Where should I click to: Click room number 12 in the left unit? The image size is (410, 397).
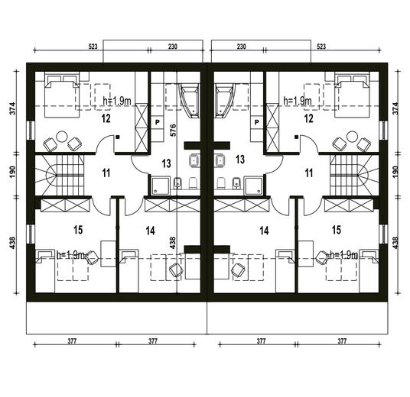point(106,118)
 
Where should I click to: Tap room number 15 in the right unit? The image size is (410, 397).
point(337,230)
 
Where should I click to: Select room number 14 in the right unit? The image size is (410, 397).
point(264,231)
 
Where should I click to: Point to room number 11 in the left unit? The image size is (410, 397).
point(106,173)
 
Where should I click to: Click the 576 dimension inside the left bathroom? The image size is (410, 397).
point(173,131)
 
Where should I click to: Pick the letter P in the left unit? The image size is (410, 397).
point(158,122)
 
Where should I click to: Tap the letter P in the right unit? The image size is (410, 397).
point(257,122)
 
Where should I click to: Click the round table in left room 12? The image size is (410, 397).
point(62,136)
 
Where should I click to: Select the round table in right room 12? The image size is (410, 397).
point(352,136)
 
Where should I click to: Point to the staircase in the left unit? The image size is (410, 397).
point(60,175)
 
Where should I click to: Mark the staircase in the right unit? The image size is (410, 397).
point(354,175)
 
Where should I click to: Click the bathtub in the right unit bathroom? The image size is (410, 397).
point(223,100)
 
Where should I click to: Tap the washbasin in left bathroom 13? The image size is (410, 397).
point(194,160)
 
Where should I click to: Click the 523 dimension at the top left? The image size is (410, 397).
point(93,47)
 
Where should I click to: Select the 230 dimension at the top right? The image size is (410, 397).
point(242,47)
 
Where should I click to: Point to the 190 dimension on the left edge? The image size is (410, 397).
point(13,172)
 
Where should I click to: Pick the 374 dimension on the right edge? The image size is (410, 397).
point(395,108)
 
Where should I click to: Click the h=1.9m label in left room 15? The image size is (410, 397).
point(70,255)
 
